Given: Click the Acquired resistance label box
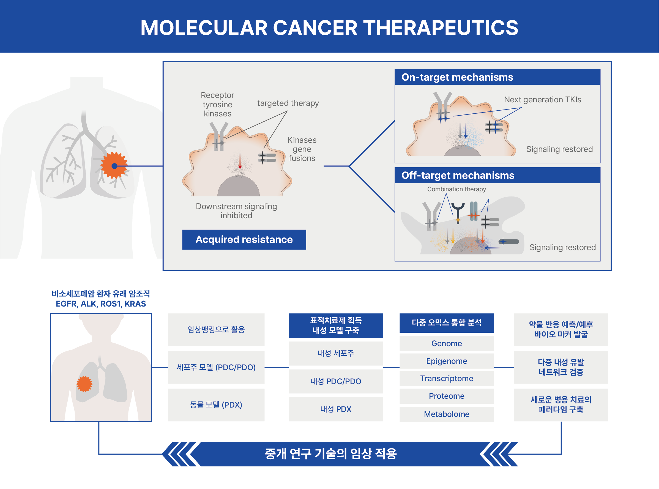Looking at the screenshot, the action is tap(244, 239).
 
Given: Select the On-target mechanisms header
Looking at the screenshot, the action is tap(497, 77).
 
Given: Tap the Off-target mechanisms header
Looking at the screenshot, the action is tap(497, 175).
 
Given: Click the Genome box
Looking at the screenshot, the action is tap(446, 343).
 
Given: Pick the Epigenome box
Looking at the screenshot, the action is tap(446, 361).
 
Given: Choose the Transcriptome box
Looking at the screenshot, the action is tap(446, 378).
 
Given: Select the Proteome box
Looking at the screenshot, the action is tap(446, 396).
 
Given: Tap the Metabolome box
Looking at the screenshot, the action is tap(446, 414).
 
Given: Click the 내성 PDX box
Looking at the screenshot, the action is tap(336, 409).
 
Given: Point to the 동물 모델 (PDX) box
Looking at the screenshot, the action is tap(216, 405).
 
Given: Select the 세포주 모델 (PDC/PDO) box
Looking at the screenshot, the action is tap(216, 367).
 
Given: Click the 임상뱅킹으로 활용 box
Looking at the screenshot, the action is tap(216, 329).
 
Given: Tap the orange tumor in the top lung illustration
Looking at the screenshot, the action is tap(114, 165).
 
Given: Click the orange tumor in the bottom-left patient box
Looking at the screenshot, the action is tap(84, 384).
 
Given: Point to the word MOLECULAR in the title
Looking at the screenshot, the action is tap(204, 28).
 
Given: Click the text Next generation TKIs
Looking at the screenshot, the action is tap(542, 100).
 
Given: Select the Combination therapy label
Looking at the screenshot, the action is tap(456, 189).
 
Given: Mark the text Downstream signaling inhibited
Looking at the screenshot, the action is tap(236, 211).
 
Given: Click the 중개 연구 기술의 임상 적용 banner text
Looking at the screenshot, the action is tap(330, 454).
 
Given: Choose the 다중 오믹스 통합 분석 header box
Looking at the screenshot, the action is tap(446, 323).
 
